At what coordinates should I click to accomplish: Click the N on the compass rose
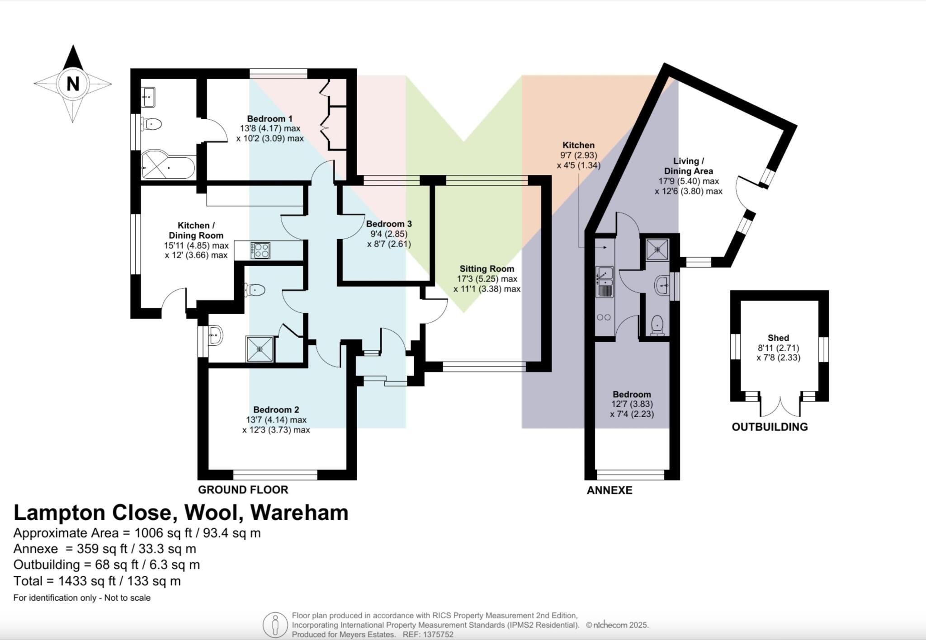coord(73,84)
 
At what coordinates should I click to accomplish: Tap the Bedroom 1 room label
coord(269,119)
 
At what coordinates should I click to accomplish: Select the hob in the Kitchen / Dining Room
coord(261,250)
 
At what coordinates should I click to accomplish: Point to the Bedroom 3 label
coord(388,224)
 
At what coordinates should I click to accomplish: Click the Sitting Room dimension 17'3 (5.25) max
coord(487,279)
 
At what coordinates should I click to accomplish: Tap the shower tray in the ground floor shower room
coord(260,349)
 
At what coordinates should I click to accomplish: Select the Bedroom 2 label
coord(276,409)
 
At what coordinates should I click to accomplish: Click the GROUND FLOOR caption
coord(243,489)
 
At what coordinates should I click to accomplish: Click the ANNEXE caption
coord(609,490)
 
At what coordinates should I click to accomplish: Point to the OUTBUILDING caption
coord(770,427)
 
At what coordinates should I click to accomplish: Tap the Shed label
coord(778,338)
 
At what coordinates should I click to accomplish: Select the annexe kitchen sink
coord(605,281)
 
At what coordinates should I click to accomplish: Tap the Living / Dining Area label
coord(688,166)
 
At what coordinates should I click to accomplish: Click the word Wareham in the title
coord(299,513)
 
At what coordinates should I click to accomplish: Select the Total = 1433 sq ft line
coord(97,581)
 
